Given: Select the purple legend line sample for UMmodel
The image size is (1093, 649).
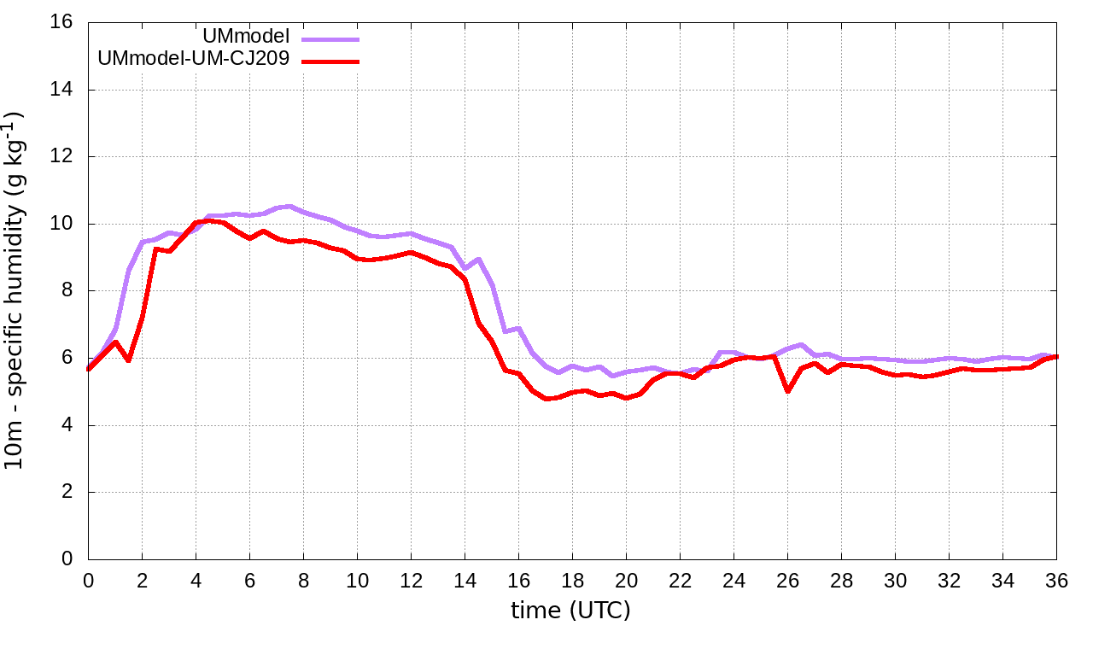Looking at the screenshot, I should [x=330, y=39].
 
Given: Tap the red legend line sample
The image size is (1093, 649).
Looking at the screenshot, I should [x=330, y=61].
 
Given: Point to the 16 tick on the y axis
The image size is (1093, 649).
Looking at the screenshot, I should [x=63, y=22].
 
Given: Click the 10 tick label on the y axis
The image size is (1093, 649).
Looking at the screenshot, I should [x=63, y=224].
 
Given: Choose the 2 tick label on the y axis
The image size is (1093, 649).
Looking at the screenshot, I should [x=67, y=493].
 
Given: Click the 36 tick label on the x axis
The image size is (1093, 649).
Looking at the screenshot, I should [x=1056, y=580].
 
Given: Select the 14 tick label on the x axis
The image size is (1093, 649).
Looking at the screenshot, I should [x=465, y=580].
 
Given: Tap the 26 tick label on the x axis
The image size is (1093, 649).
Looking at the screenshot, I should [x=787, y=580].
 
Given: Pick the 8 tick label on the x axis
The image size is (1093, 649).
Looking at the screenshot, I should [x=303, y=580].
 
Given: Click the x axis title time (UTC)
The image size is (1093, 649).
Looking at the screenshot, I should [x=570, y=611].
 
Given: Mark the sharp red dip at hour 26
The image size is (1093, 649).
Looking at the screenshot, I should [x=787, y=391].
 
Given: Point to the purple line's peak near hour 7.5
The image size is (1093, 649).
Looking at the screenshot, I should [x=290, y=206].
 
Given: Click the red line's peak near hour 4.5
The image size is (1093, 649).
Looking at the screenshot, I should [x=209, y=220].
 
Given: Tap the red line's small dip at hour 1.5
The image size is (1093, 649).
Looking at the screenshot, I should [x=128, y=360].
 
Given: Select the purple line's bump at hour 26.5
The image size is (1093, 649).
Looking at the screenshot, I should [x=801, y=344].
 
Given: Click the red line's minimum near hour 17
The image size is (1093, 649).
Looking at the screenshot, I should [x=546, y=399].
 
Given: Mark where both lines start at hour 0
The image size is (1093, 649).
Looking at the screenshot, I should [x=89, y=369].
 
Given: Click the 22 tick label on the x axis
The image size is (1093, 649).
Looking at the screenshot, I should [x=680, y=580].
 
